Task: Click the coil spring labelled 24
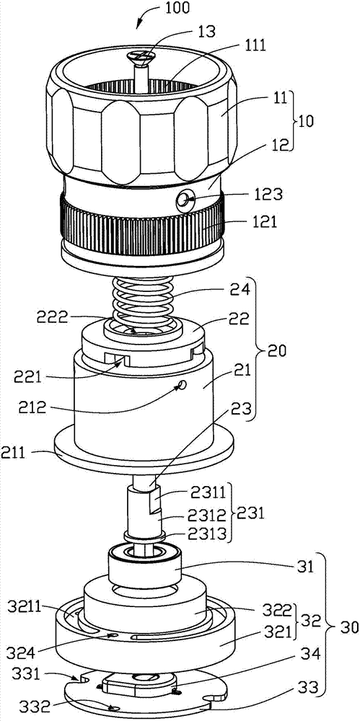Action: click(144, 302)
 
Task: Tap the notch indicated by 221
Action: click(119, 359)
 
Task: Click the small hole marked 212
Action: click(183, 384)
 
